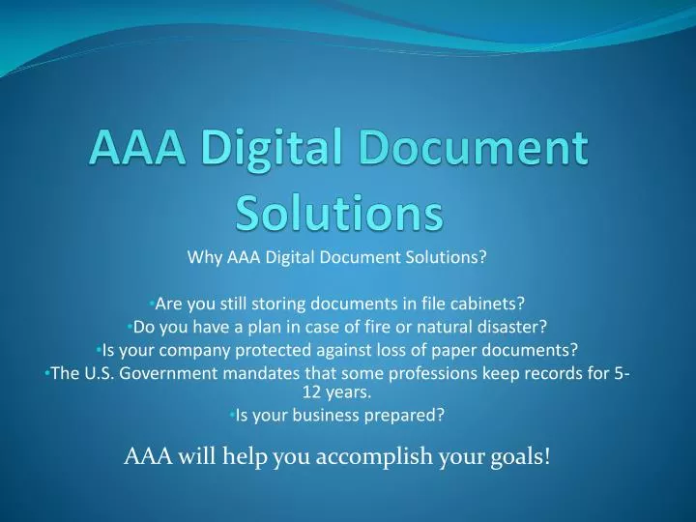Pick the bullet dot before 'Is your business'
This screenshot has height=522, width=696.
click(233, 415)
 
